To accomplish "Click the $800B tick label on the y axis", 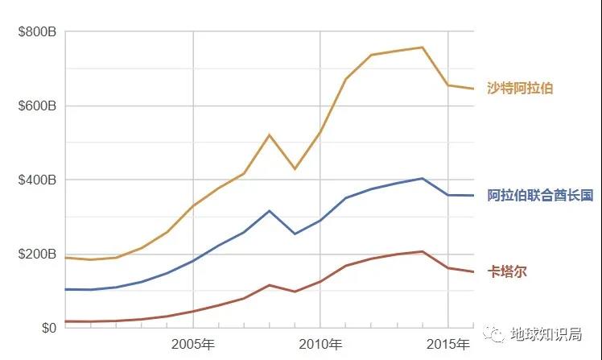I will [x=37, y=32].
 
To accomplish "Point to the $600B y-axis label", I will [x=37, y=106].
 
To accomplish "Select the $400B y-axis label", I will [x=37, y=180].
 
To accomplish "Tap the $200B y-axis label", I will [x=37, y=254].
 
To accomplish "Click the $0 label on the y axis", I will [x=48, y=328].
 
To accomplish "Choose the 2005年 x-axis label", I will [x=193, y=345].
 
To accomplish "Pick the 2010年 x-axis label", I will [x=320, y=345].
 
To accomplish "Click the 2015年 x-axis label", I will [x=447, y=345].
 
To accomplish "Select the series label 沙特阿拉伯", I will [x=520, y=88].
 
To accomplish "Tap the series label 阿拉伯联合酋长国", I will [x=540, y=195].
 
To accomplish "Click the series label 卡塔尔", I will [x=507, y=271].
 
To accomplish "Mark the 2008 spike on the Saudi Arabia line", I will [x=269, y=134].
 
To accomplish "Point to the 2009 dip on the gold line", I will [x=295, y=168].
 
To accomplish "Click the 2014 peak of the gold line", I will [x=423, y=47].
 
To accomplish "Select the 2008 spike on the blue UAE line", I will [x=269, y=211].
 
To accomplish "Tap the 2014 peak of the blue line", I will [x=423, y=178].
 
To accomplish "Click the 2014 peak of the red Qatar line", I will [x=423, y=251].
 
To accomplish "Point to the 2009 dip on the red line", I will [x=295, y=292].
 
